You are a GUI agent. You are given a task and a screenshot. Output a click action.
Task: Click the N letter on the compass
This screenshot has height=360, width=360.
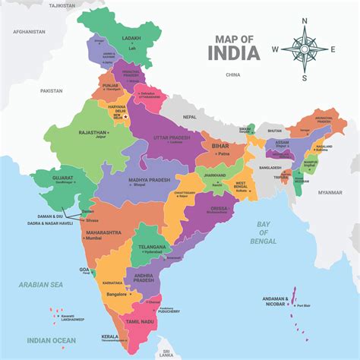[x=305, y=21]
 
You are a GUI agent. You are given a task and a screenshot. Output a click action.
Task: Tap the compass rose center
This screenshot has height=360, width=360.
[x=305, y=50]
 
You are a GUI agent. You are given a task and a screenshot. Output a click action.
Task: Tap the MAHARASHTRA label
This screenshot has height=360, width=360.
[x=102, y=232]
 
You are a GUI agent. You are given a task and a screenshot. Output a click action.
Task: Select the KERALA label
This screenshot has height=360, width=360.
[x=110, y=336]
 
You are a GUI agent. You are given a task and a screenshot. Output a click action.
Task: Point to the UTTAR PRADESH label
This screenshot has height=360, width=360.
[x=171, y=137]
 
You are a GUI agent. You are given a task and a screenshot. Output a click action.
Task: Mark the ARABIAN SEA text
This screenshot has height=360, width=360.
[x=39, y=285]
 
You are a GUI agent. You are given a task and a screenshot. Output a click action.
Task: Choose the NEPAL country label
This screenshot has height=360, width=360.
[x=189, y=117]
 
